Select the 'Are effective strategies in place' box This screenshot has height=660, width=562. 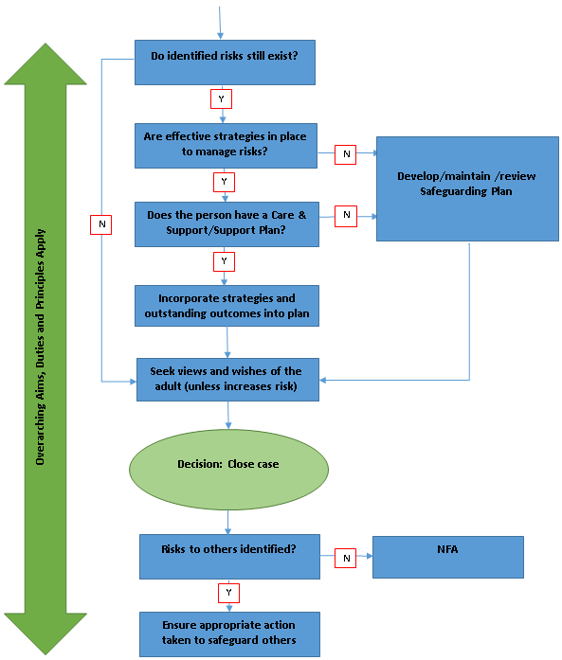(x=225, y=144)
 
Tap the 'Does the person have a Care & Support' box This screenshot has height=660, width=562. (x=227, y=222)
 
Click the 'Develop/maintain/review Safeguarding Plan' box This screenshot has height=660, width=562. (x=470, y=187)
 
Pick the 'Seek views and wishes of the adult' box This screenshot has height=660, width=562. (x=227, y=379)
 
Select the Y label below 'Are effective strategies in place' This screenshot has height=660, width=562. (x=224, y=180)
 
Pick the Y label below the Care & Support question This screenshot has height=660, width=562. (x=224, y=259)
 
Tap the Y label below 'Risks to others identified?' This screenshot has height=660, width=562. (x=228, y=594)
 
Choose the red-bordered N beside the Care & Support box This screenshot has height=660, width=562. (x=346, y=215)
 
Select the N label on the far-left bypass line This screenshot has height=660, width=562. (x=101, y=223)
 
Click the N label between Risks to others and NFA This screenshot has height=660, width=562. (x=346, y=558)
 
